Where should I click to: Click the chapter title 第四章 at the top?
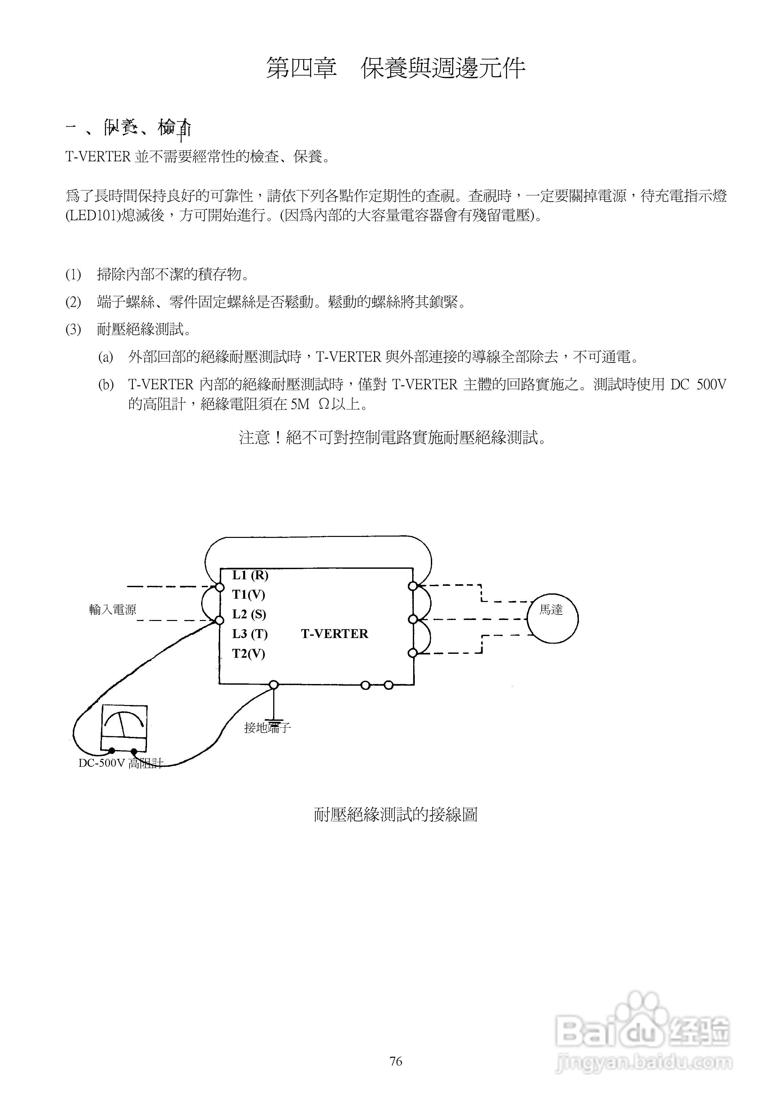click(x=302, y=68)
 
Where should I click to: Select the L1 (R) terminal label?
click(x=250, y=575)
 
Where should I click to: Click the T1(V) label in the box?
click(x=248, y=595)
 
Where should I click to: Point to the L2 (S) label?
click(x=249, y=615)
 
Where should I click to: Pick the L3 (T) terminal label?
click(x=249, y=634)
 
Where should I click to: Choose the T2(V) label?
click(x=248, y=654)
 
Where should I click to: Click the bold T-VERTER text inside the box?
click(x=334, y=634)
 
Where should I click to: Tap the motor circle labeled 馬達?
click(x=552, y=619)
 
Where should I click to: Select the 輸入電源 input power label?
click(x=113, y=610)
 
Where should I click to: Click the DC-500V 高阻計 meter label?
click(x=120, y=763)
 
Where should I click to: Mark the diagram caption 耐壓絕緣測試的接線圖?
click(x=395, y=815)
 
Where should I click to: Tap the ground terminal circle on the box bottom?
click(x=273, y=684)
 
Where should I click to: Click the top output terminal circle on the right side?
click(x=412, y=586)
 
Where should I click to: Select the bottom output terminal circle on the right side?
click(x=412, y=653)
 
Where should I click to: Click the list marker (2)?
click(x=73, y=302)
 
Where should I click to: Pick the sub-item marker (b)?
click(x=106, y=385)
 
